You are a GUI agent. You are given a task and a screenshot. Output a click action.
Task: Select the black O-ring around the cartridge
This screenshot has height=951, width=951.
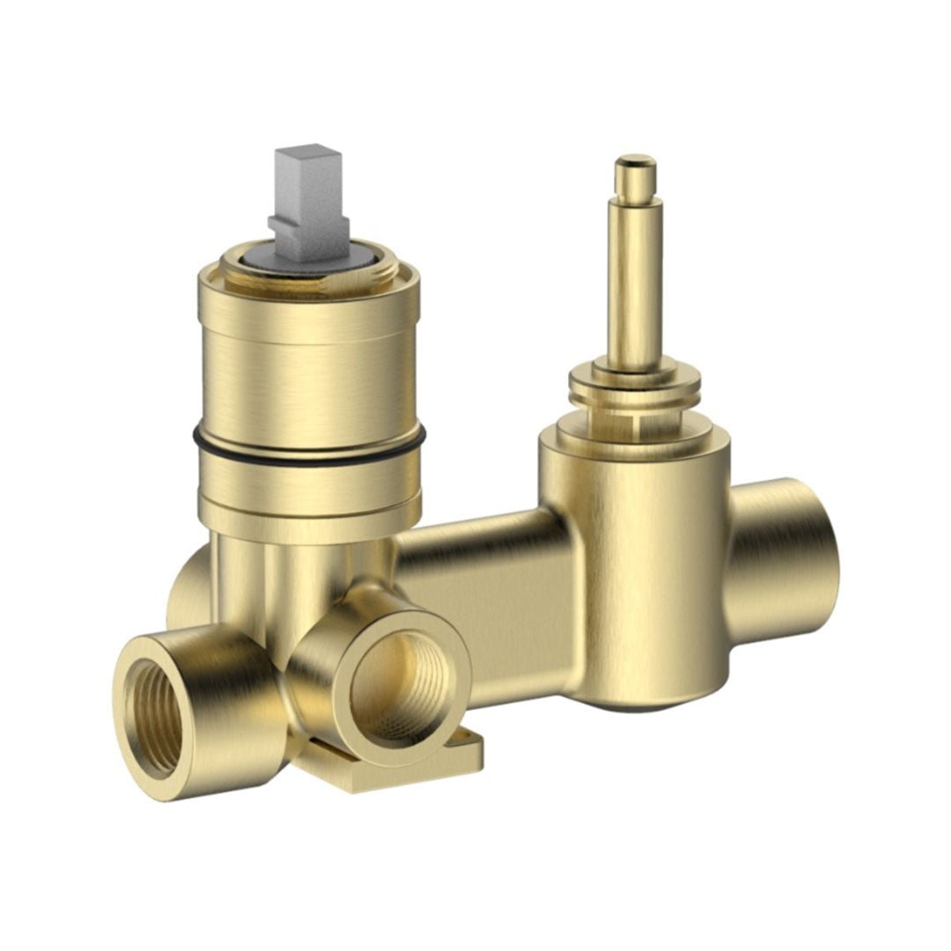click(x=308, y=448)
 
